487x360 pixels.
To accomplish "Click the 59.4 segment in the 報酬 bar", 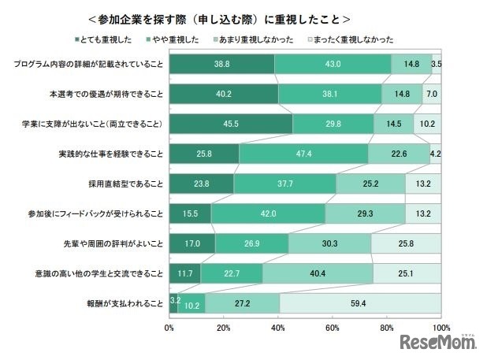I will click(360, 303).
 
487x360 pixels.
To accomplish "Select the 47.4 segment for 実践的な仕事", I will click(303, 154).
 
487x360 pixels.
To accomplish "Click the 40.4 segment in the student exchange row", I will click(318, 273).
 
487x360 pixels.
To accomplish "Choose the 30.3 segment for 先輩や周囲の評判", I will click(329, 243).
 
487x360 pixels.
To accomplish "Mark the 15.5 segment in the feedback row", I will click(190, 213).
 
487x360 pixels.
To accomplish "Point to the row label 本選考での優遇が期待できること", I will click(104, 94).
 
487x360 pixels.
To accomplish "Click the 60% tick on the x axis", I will click(333, 326).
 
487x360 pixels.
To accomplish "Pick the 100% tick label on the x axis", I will click(440, 326).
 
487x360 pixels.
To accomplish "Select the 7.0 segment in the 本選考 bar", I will click(431, 94).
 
